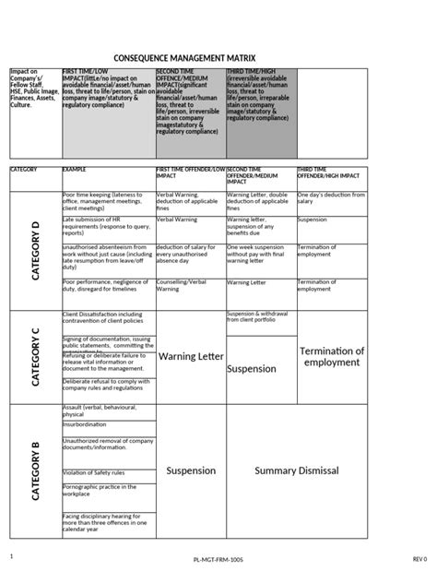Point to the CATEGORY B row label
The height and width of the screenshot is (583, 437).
[35, 471]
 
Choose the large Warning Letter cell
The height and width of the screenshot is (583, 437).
[190, 356]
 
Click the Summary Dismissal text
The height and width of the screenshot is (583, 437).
[297, 470]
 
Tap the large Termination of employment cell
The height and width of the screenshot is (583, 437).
[333, 357]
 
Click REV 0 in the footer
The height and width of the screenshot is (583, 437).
[419, 559]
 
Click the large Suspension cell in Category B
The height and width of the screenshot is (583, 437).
[190, 470]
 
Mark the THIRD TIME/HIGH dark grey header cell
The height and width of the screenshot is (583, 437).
[261, 111]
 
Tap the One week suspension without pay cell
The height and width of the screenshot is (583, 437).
[259, 255]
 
